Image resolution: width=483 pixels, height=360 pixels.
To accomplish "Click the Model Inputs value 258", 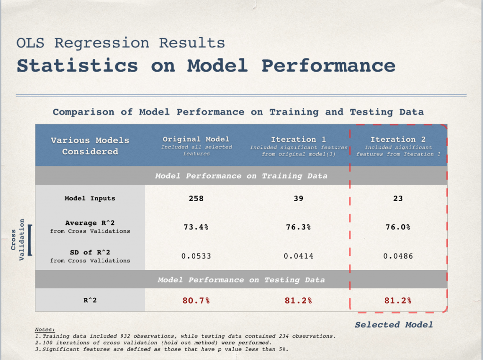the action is pyautogui.click(x=196, y=198).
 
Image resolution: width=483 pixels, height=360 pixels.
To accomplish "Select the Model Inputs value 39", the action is pyautogui.click(x=299, y=198).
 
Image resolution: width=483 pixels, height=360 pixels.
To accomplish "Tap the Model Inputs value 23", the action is pyautogui.click(x=398, y=198).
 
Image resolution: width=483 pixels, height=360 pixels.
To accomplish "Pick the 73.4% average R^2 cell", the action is pyautogui.click(x=196, y=227).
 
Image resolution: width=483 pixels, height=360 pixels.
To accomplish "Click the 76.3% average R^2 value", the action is pyautogui.click(x=298, y=227).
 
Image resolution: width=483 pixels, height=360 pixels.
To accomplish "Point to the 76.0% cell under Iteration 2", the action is pyautogui.click(x=398, y=227).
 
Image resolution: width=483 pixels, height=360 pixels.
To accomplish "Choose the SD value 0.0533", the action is pyautogui.click(x=196, y=256).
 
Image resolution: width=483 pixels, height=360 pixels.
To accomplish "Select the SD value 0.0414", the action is pyautogui.click(x=299, y=256).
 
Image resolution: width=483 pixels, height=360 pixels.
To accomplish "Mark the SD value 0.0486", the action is pyautogui.click(x=398, y=256).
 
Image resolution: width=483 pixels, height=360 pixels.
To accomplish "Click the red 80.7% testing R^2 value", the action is pyautogui.click(x=196, y=300).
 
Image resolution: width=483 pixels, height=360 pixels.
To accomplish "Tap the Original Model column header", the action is pyautogui.click(x=196, y=139).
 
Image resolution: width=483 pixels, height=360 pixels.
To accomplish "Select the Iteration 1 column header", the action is pyautogui.click(x=298, y=139).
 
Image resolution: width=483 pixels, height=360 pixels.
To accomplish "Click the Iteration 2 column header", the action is pyautogui.click(x=398, y=139).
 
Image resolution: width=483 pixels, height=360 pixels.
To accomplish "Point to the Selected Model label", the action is pyautogui.click(x=394, y=325).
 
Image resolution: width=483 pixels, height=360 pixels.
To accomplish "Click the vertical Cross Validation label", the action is pyautogui.click(x=17, y=240).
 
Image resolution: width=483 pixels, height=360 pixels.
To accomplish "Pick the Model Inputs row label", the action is pyautogui.click(x=90, y=198).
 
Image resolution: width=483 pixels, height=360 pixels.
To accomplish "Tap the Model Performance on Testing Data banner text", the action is pyautogui.click(x=241, y=280).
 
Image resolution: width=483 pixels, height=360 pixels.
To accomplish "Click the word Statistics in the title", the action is pyautogui.click(x=77, y=65).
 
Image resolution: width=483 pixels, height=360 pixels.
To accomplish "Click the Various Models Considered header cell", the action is pyautogui.click(x=90, y=146).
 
